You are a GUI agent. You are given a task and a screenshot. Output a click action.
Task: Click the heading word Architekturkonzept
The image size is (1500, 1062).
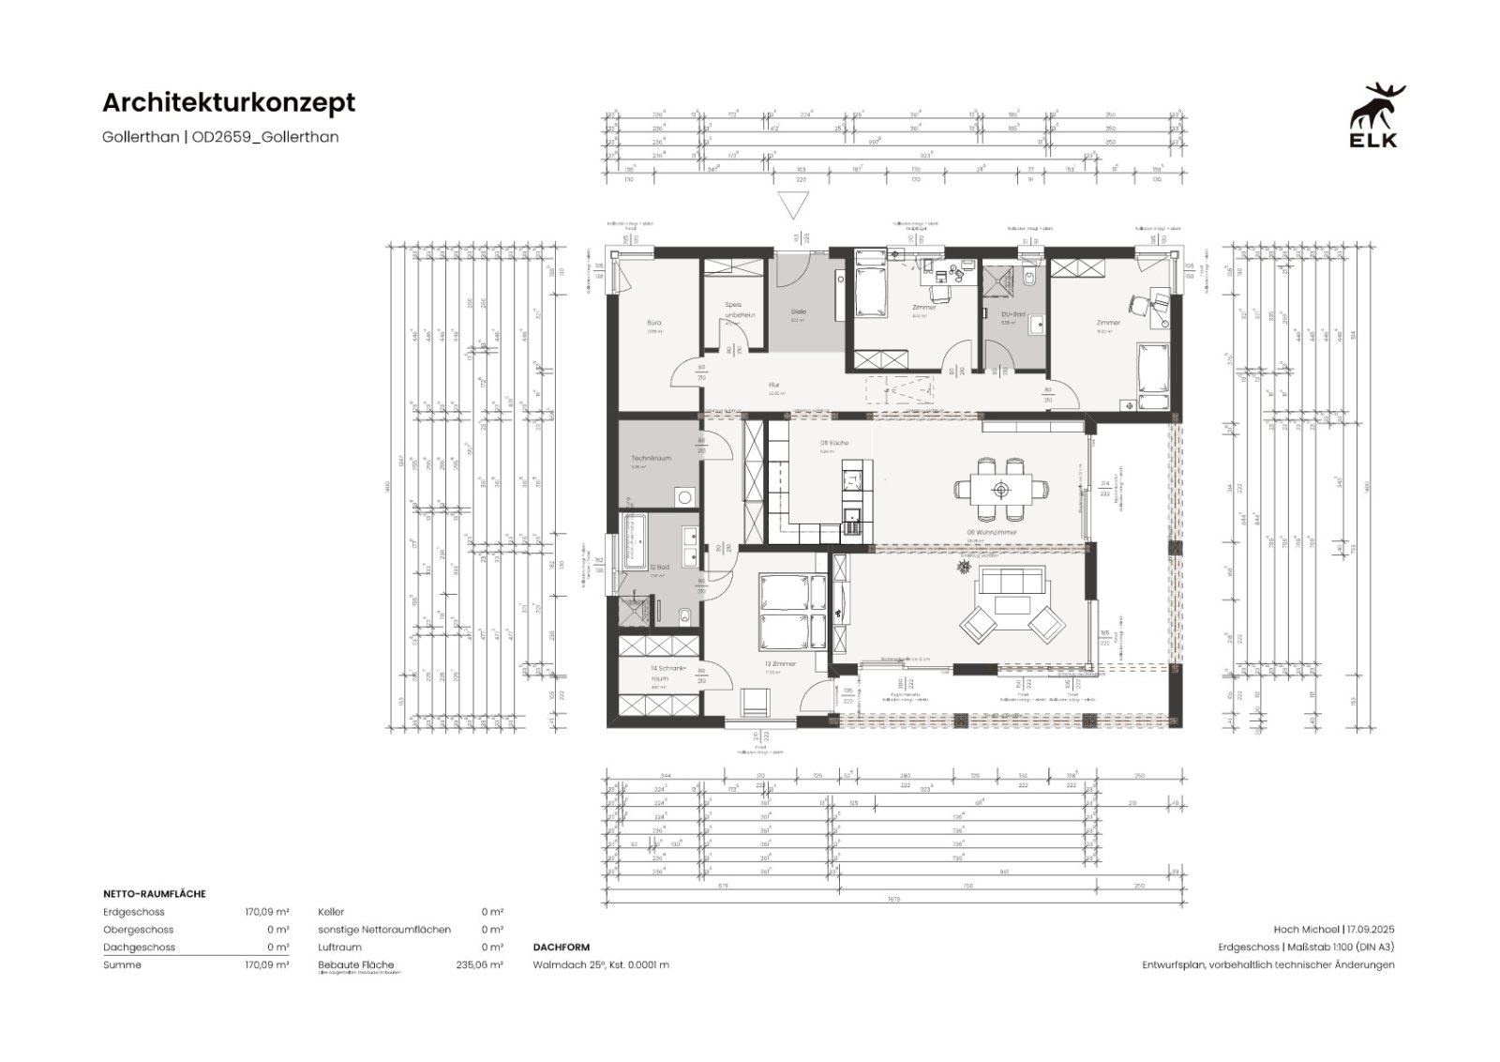point(229,102)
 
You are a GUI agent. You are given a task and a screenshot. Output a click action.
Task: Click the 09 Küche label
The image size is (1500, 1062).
point(834,442)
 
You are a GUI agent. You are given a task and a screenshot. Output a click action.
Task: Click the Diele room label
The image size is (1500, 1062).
point(798,311)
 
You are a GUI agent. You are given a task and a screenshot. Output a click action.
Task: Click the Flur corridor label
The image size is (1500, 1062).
point(774,385)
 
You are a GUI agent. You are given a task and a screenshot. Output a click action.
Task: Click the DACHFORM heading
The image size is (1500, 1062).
point(562,948)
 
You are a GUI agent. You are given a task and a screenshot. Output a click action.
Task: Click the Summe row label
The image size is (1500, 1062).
point(122,964)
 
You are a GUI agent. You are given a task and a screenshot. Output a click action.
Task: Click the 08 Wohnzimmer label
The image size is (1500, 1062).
point(991,532)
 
